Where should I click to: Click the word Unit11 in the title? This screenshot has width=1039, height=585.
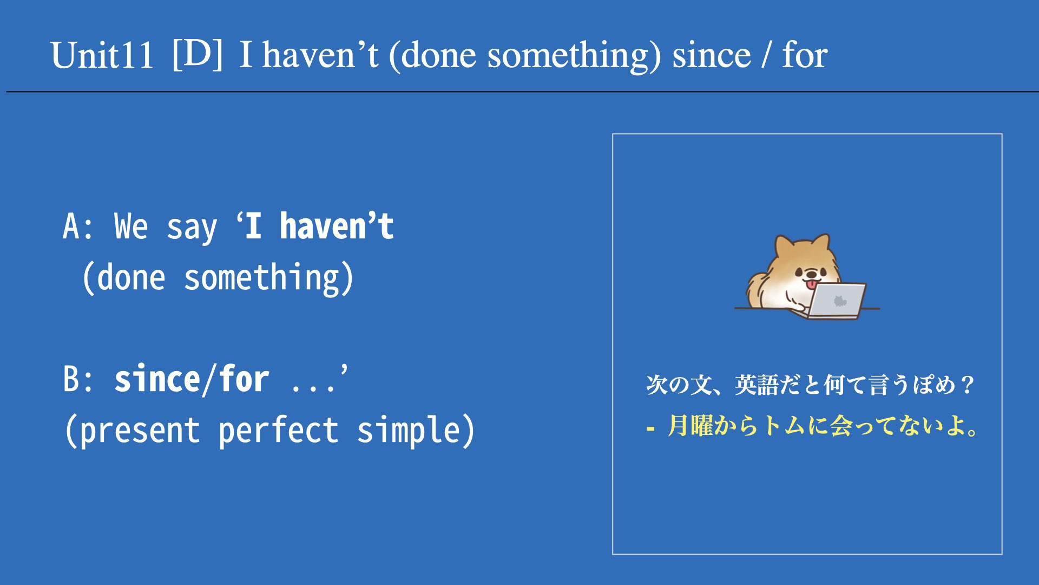click(102, 55)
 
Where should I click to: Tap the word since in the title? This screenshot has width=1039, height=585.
click(712, 55)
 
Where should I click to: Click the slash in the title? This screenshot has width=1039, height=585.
click(766, 55)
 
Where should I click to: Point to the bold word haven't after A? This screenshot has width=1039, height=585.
click(337, 226)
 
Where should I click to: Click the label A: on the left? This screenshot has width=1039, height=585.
click(78, 226)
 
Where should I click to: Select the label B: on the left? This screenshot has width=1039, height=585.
click(78, 379)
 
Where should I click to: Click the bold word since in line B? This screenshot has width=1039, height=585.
click(157, 379)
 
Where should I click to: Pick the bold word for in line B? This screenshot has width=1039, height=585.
click(244, 379)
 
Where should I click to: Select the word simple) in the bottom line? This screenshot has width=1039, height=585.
click(416, 431)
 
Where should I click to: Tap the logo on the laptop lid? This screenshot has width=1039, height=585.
click(839, 301)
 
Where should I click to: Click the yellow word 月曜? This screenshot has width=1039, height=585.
click(690, 426)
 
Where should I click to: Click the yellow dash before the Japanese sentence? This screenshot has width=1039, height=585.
click(650, 429)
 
